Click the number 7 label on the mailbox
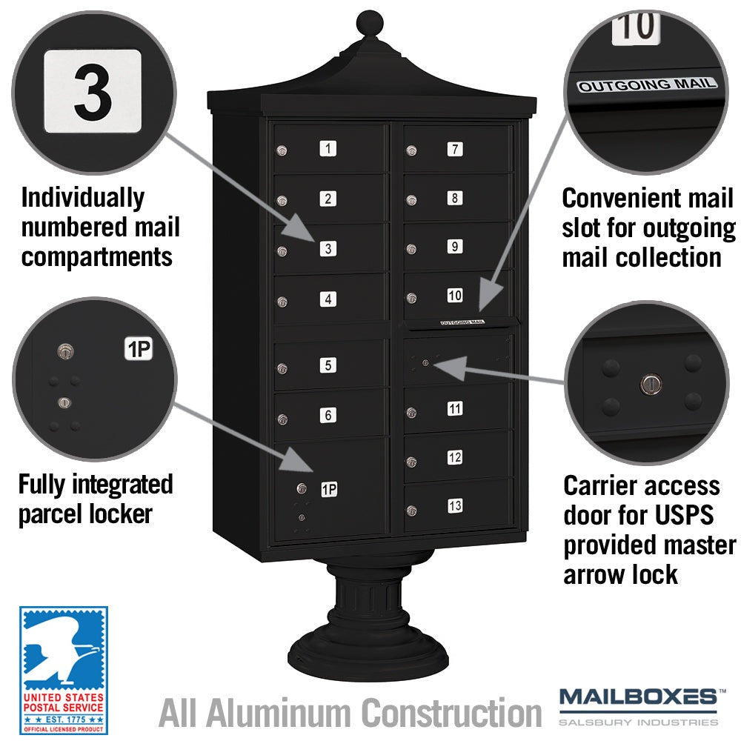(455, 150)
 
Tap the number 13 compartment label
(455, 505)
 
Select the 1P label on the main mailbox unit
(330, 489)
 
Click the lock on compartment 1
(282, 150)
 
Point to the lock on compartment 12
(411, 462)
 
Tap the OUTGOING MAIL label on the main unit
(462, 322)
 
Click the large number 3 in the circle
(93, 92)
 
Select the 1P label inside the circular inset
(139, 349)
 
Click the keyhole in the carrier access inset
(651, 384)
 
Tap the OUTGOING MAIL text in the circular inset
(647, 84)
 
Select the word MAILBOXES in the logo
(638, 697)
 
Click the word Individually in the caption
(83, 198)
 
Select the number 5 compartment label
(328, 365)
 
